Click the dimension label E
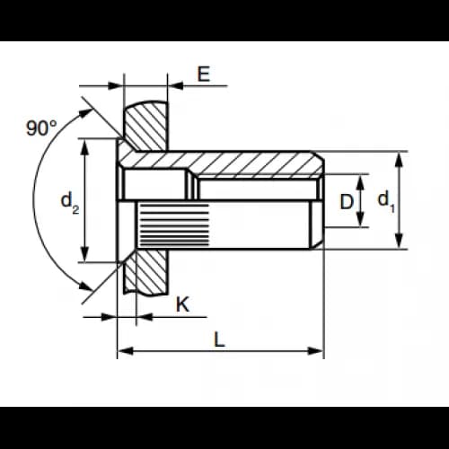point(204,74)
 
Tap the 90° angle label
point(41,128)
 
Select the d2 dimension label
point(70,203)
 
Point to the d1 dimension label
point(386,201)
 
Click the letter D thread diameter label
point(347,201)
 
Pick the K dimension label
point(182,304)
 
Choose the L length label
point(219,339)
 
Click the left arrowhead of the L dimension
point(125,351)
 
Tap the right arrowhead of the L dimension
point(316,351)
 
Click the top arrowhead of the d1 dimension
point(399,159)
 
